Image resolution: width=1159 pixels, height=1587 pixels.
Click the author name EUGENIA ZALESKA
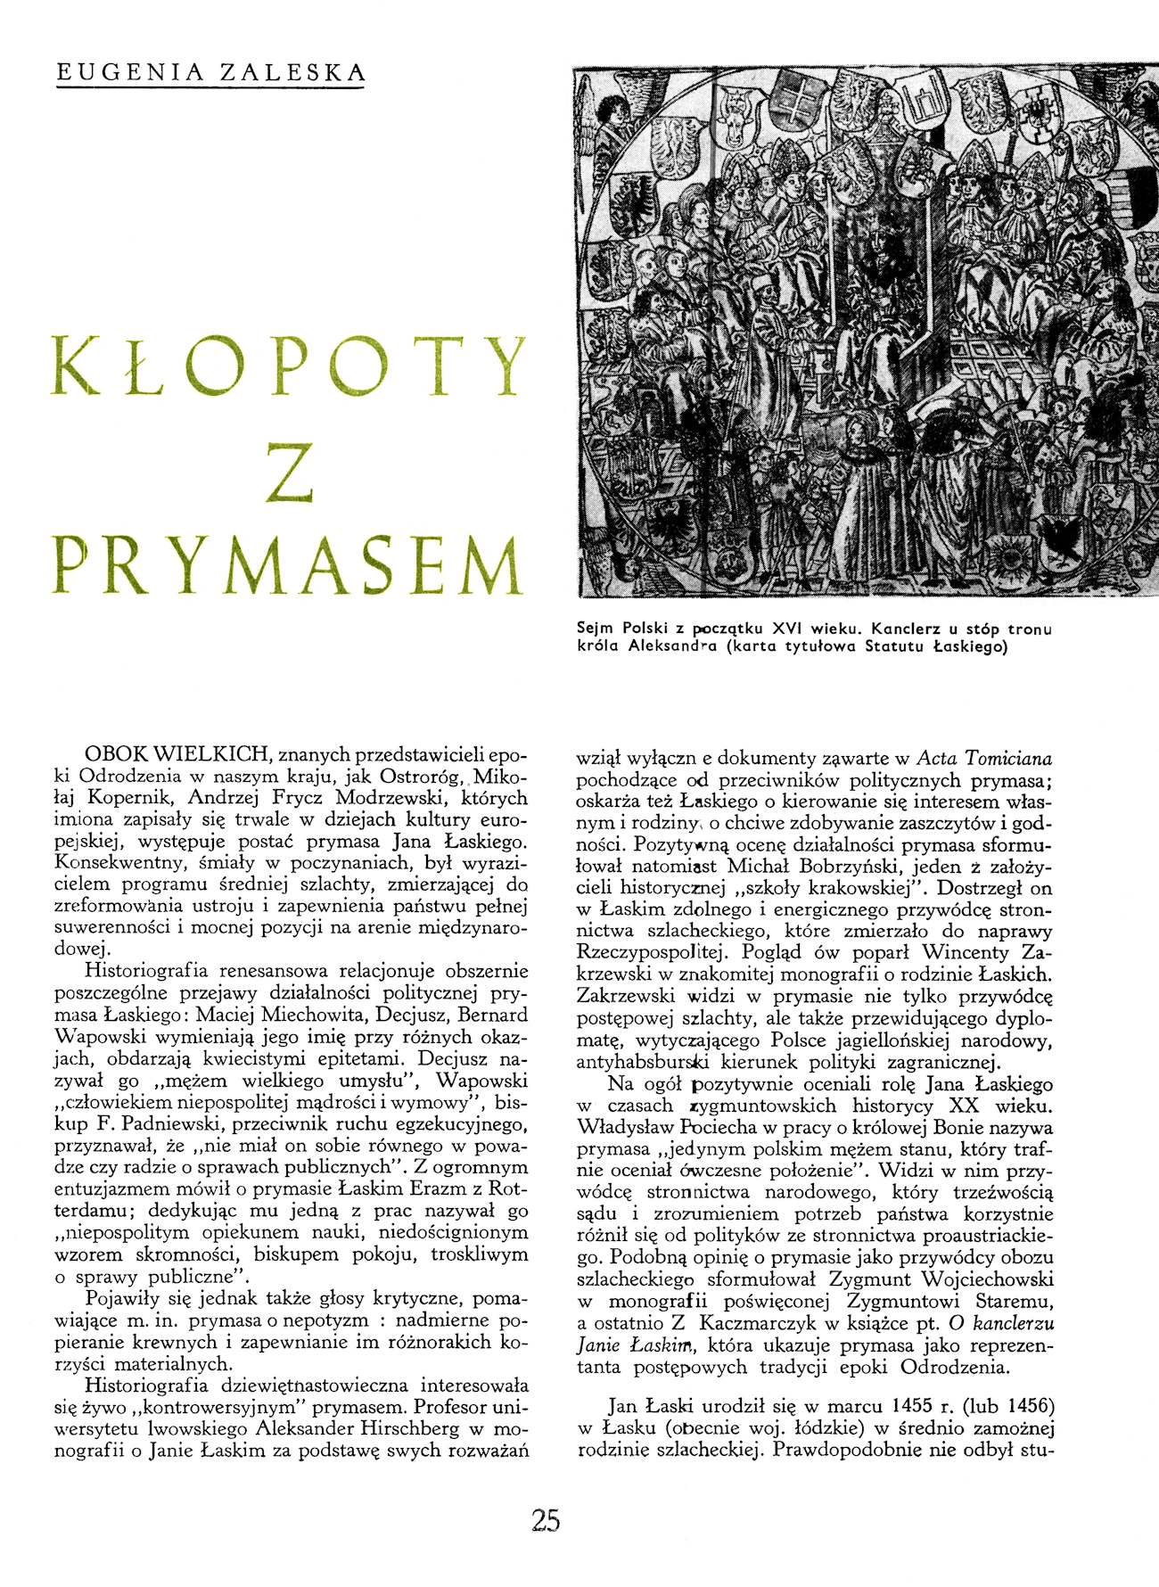(x=210, y=72)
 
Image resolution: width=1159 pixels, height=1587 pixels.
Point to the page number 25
(x=545, y=1520)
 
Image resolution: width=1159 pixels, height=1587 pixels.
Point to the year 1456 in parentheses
(x=1026, y=1407)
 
